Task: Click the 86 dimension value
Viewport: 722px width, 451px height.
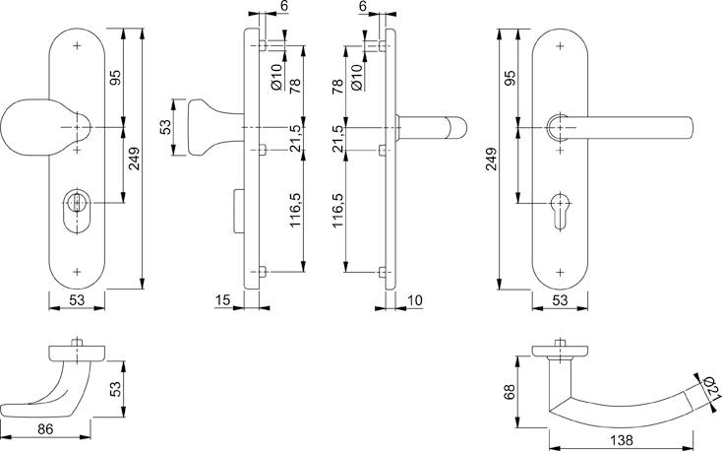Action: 45,429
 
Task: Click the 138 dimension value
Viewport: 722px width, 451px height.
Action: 621,440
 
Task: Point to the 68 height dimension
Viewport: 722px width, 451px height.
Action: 509,392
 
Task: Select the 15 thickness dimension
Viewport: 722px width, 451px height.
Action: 222,300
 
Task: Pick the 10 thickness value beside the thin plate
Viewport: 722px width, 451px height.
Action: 415,300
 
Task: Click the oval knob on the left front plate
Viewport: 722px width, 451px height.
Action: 39,127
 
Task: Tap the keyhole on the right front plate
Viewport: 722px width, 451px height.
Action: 560,210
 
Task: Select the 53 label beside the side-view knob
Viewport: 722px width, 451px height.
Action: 165,127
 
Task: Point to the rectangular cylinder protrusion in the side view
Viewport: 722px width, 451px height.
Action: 239,211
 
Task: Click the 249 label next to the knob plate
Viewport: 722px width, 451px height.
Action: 134,159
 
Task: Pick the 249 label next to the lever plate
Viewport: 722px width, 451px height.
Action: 491,159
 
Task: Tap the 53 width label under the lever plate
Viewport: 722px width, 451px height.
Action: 560,300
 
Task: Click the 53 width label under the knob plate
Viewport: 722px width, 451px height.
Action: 77,300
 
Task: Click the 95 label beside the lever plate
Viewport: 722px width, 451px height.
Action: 510,78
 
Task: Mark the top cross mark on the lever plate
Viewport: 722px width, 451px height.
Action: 560,46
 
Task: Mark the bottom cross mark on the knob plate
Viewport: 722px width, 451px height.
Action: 77,272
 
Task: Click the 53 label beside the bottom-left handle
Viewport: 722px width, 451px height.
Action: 115,389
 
